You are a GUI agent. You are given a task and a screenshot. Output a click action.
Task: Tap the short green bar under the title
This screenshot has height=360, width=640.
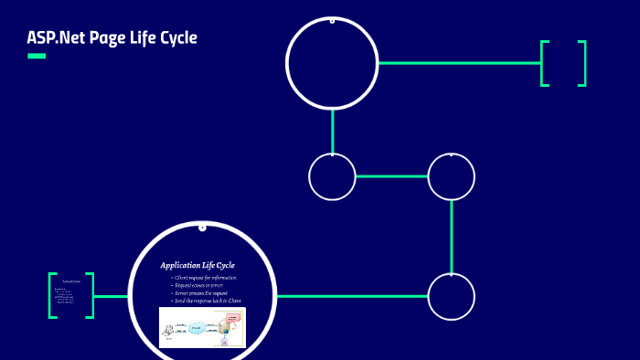pos(37,57)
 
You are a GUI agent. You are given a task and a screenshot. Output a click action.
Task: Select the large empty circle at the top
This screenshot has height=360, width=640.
pos(332,62)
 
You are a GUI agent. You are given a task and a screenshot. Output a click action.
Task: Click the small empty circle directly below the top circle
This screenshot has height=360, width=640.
pos(332,176)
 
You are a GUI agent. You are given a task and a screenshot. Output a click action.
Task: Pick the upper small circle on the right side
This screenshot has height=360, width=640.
pos(452,176)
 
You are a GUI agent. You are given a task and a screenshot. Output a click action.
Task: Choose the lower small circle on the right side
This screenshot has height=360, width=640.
pos(452,297)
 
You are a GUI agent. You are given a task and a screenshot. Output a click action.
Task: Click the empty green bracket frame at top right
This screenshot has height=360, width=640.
pos(563,63)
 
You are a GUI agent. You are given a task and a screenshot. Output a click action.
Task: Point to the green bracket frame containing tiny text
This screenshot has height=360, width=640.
pos(71,295)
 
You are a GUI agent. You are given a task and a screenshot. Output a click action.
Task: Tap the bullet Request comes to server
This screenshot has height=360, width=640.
pos(202,285)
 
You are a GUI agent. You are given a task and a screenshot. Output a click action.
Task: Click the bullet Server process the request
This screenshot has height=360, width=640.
pos(205,292)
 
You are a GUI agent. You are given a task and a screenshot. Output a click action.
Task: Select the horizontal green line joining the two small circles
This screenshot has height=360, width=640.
pos(391,176)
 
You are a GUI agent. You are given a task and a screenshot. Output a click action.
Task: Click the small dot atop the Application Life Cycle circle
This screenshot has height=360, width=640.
pos(202,228)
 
